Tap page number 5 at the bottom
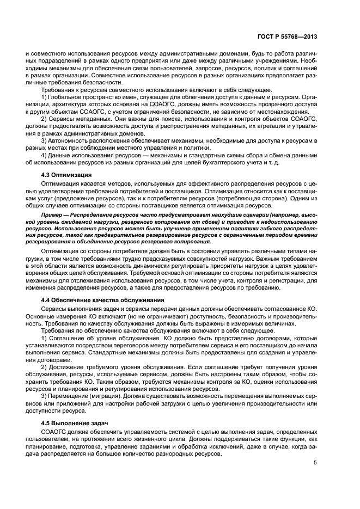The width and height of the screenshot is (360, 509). [315, 463]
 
